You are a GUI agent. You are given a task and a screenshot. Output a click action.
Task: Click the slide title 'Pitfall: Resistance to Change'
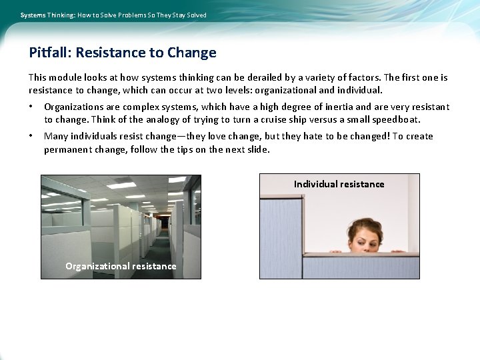(x=123, y=53)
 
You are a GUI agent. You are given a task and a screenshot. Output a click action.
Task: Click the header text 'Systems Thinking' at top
(x=47, y=15)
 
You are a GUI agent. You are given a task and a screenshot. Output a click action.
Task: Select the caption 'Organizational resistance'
(x=121, y=266)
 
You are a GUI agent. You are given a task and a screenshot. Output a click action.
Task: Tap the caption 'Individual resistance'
(x=339, y=184)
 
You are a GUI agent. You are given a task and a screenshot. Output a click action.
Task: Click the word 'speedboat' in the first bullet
(x=399, y=120)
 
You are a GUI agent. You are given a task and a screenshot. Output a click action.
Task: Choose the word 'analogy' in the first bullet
(x=152, y=120)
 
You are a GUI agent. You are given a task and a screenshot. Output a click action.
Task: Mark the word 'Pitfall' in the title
(x=49, y=53)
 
